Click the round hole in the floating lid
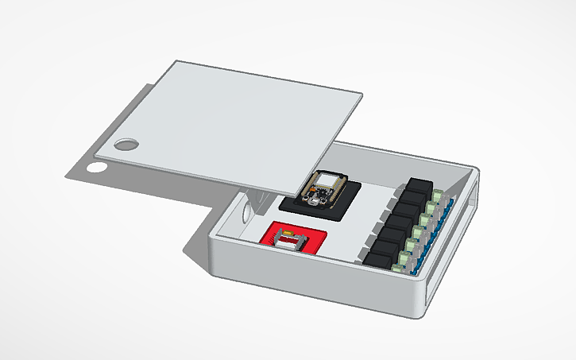click(x=126, y=145)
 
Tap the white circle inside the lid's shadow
click(x=97, y=168)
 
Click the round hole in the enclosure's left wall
click(x=248, y=211)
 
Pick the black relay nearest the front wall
click(x=379, y=257)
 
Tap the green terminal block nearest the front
click(x=405, y=262)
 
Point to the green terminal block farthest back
click(x=440, y=193)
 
